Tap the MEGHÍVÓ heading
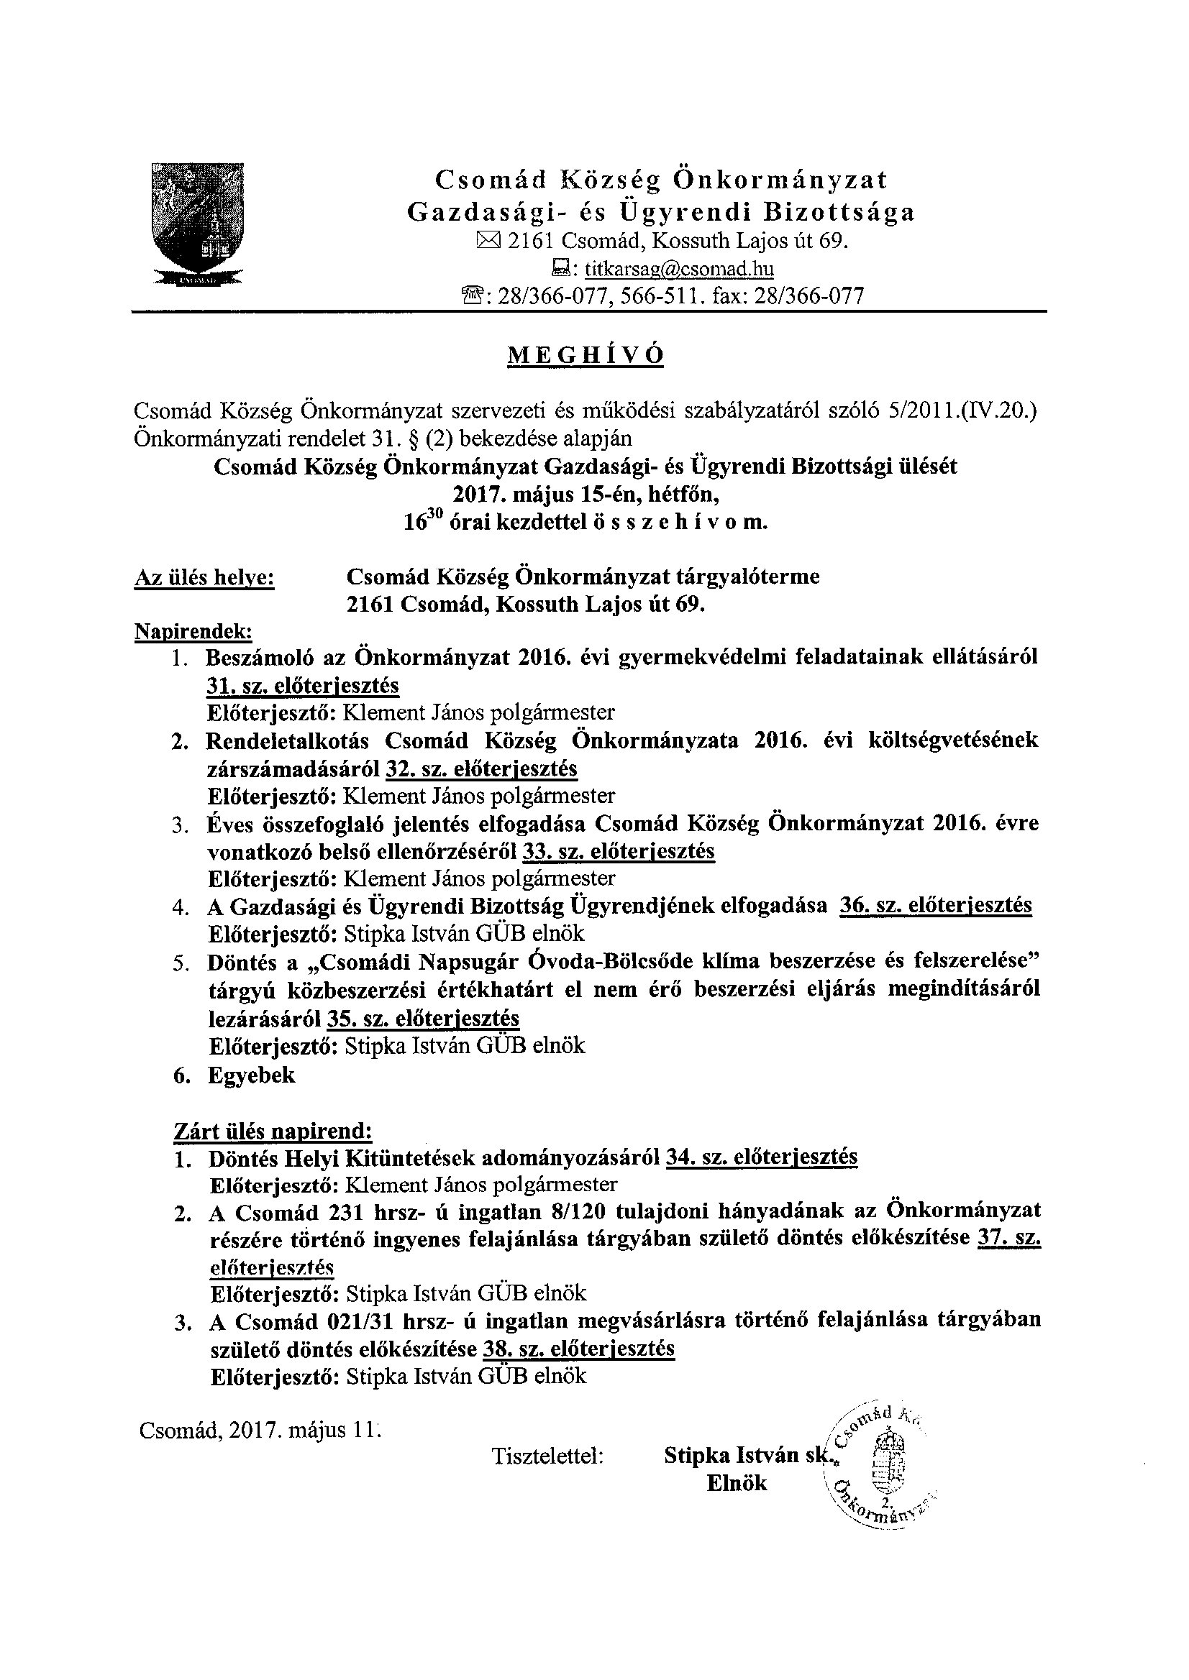[586, 356]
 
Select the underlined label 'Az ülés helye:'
[204, 578]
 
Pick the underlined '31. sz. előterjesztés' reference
[302, 685]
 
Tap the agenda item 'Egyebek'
[251, 1075]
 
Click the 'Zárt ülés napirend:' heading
[273, 1132]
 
